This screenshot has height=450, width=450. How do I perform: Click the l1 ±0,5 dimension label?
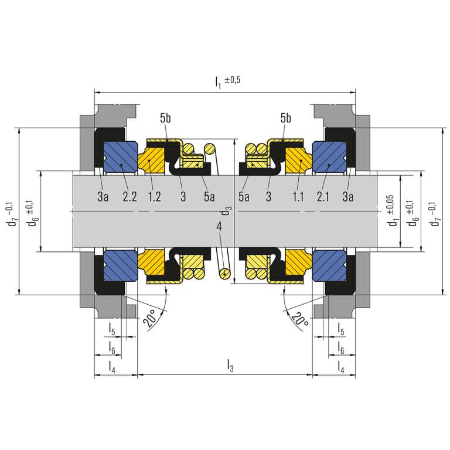click(227, 81)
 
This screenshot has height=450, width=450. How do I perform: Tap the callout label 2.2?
click(129, 197)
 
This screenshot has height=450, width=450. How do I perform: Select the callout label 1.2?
click(155, 197)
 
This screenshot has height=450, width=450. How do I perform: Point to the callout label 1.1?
click(298, 197)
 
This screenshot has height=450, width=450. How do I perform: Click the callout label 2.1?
click(323, 197)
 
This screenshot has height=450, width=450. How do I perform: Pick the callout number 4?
click(219, 227)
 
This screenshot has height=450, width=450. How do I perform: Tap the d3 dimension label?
click(225, 211)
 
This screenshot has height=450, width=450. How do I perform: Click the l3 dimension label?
click(230, 366)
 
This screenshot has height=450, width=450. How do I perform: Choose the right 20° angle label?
click(299, 319)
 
